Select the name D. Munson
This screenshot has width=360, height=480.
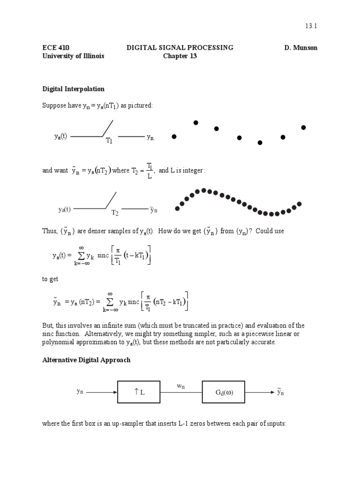(300, 48)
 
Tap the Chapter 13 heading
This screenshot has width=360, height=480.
(180, 56)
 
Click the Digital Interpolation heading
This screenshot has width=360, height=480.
(74, 89)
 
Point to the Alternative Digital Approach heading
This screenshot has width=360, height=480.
(86, 360)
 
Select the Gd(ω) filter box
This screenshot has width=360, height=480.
(224, 392)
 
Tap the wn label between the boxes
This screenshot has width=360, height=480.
(180, 386)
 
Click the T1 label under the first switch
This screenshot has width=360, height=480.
(109, 140)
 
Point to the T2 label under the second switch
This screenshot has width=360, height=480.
(115, 213)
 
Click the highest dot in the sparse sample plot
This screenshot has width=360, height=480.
(196, 123)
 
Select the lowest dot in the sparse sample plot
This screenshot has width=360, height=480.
(260, 142)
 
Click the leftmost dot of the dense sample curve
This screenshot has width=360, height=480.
(177, 209)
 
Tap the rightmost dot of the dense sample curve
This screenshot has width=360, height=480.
(300, 204)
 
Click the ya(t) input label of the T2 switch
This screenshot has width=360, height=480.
(64, 210)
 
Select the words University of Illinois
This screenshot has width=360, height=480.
(73, 56)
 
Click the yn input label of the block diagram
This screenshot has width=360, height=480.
(80, 391)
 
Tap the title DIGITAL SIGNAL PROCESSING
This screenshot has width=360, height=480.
(180, 48)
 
